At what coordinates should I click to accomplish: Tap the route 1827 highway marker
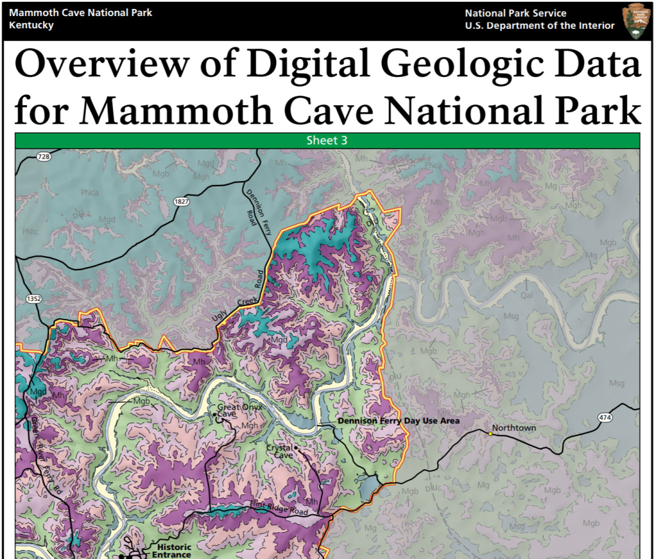click(x=181, y=202)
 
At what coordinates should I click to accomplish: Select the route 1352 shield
click(x=33, y=299)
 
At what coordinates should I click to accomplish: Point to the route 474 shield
click(x=605, y=417)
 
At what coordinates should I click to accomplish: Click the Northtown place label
click(x=514, y=428)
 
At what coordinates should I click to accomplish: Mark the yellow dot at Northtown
click(x=491, y=434)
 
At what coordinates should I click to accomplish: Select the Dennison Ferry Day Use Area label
click(x=398, y=421)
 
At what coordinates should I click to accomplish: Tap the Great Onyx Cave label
click(x=237, y=410)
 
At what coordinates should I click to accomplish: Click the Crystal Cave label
click(x=280, y=451)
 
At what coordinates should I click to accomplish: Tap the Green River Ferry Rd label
click(x=45, y=454)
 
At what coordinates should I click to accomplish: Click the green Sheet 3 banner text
click(x=327, y=140)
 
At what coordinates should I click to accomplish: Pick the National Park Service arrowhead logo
click(x=635, y=20)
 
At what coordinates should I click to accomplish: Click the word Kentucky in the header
click(x=32, y=26)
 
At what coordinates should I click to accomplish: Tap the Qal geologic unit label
click(x=527, y=296)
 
